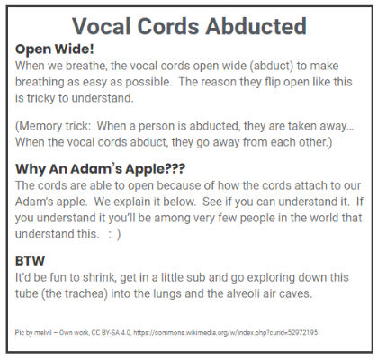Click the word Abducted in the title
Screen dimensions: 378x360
(256, 26)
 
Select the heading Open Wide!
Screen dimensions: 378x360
(55, 49)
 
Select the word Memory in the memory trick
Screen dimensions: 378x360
(35, 126)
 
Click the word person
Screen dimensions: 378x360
(157, 127)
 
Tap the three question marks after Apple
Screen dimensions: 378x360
(175, 168)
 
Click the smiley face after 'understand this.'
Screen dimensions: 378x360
(114, 234)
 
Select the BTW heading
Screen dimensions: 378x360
(30, 261)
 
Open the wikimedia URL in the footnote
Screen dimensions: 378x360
(225, 332)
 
